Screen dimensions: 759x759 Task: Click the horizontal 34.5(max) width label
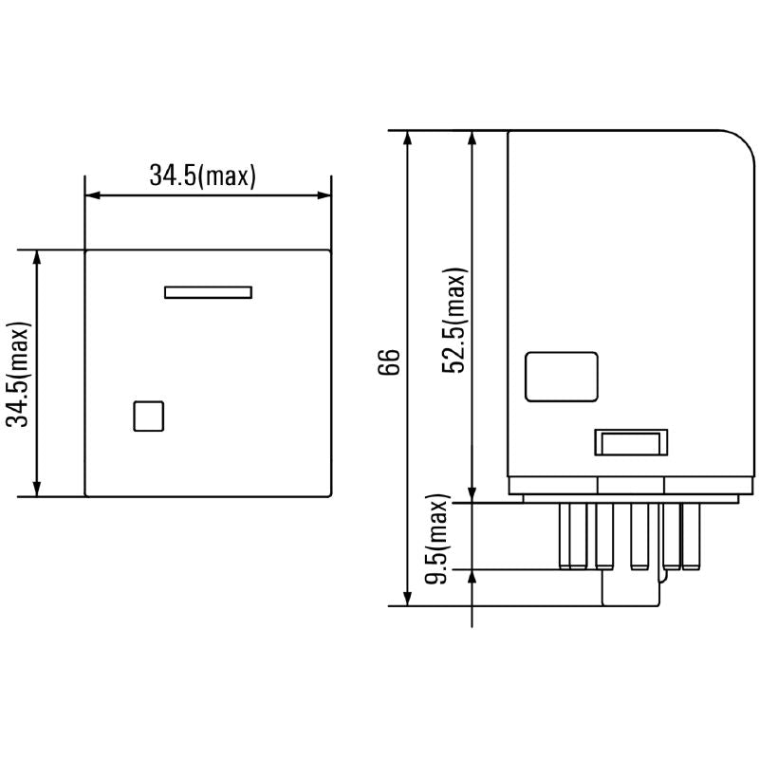[202, 176]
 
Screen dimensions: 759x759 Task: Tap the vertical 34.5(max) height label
[18, 373]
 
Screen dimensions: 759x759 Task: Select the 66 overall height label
[390, 363]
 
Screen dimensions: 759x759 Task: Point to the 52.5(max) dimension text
[454, 321]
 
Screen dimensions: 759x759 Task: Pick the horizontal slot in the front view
[208, 292]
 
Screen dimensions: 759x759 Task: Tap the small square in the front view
[149, 417]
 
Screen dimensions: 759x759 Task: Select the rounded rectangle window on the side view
[562, 377]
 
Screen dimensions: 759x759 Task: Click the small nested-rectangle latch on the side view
[630, 442]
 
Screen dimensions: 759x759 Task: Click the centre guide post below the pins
[630, 589]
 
